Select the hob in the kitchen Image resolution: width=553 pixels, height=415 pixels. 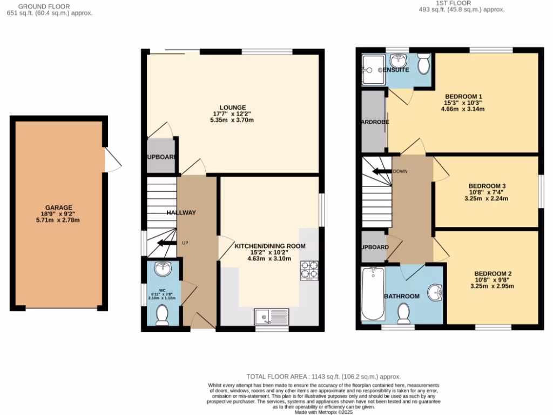(x=309, y=271)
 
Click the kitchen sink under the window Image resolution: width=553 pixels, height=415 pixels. (x=272, y=316)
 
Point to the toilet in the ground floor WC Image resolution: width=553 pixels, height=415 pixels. (x=162, y=315)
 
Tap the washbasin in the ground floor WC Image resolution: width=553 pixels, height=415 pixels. (x=162, y=269)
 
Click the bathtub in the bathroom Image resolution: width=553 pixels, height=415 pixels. (x=372, y=294)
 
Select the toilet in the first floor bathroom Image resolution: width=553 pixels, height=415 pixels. (x=403, y=312)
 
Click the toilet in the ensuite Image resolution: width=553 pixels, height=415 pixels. (x=423, y=64)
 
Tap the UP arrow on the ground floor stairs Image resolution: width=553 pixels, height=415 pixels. (x=166, y=243)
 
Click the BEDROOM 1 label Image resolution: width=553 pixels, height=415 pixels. (x=463, y=97)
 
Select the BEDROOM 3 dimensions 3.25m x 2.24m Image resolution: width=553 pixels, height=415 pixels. (x=486, y=198)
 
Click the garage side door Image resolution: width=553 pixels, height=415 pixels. (x=111, y=160)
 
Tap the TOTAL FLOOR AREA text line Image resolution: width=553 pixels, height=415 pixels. (x=323, y=377)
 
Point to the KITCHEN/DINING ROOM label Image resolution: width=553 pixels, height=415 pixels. (x=269, y=246)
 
